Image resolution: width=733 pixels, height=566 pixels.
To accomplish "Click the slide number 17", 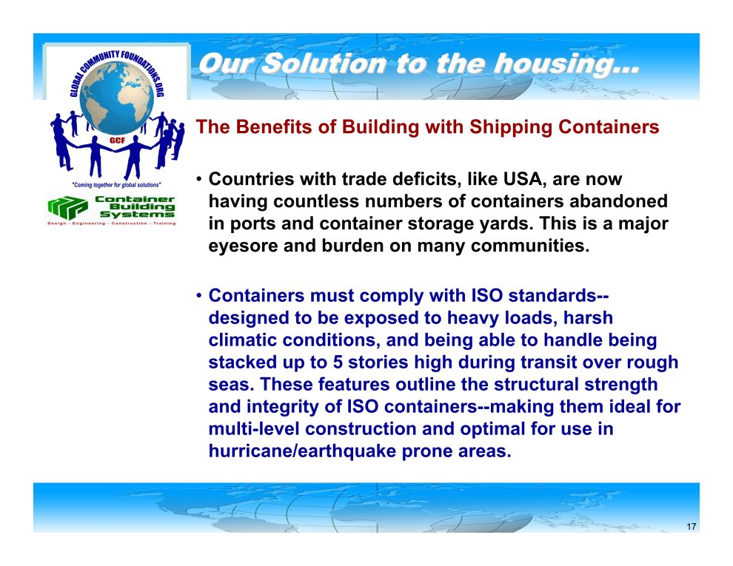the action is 692,527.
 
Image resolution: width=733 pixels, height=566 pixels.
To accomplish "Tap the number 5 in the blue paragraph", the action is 338,362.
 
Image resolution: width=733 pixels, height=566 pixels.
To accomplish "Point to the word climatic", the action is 243,340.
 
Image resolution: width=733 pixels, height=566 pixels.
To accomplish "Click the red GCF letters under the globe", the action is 117,140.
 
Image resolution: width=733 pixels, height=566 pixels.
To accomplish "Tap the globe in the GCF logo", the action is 117,98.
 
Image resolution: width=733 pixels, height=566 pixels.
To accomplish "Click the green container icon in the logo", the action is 68,208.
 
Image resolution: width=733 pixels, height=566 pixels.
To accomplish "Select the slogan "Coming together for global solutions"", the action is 116,185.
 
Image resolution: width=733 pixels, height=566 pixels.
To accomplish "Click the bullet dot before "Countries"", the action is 198,179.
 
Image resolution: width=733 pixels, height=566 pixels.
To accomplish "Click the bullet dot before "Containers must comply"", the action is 198,296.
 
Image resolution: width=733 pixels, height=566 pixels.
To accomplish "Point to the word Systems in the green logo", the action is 138,215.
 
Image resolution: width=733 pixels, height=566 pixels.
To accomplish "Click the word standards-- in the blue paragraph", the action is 558,296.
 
